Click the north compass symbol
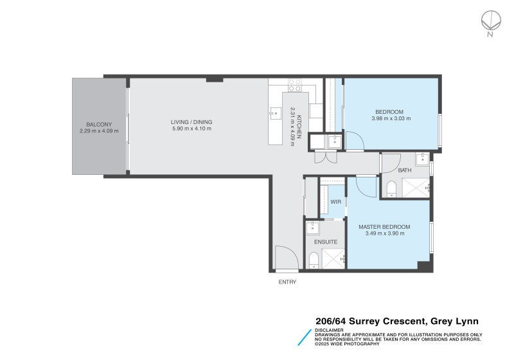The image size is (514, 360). click(490, 21)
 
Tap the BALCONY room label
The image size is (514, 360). click(99, 124)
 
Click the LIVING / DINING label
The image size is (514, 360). click(191, 122)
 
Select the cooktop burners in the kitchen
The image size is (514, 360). click(295, 83)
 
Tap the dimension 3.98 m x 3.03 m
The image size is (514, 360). click(391, 118)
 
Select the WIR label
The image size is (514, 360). click(335, 202)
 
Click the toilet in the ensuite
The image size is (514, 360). click(314, 260)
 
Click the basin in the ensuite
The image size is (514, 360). click(312, 227)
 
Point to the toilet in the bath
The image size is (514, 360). click(391, 188)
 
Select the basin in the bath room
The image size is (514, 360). click(422, 159)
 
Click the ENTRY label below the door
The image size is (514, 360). click(287, 282)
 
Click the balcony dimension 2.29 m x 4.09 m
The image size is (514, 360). click(99, 131)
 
